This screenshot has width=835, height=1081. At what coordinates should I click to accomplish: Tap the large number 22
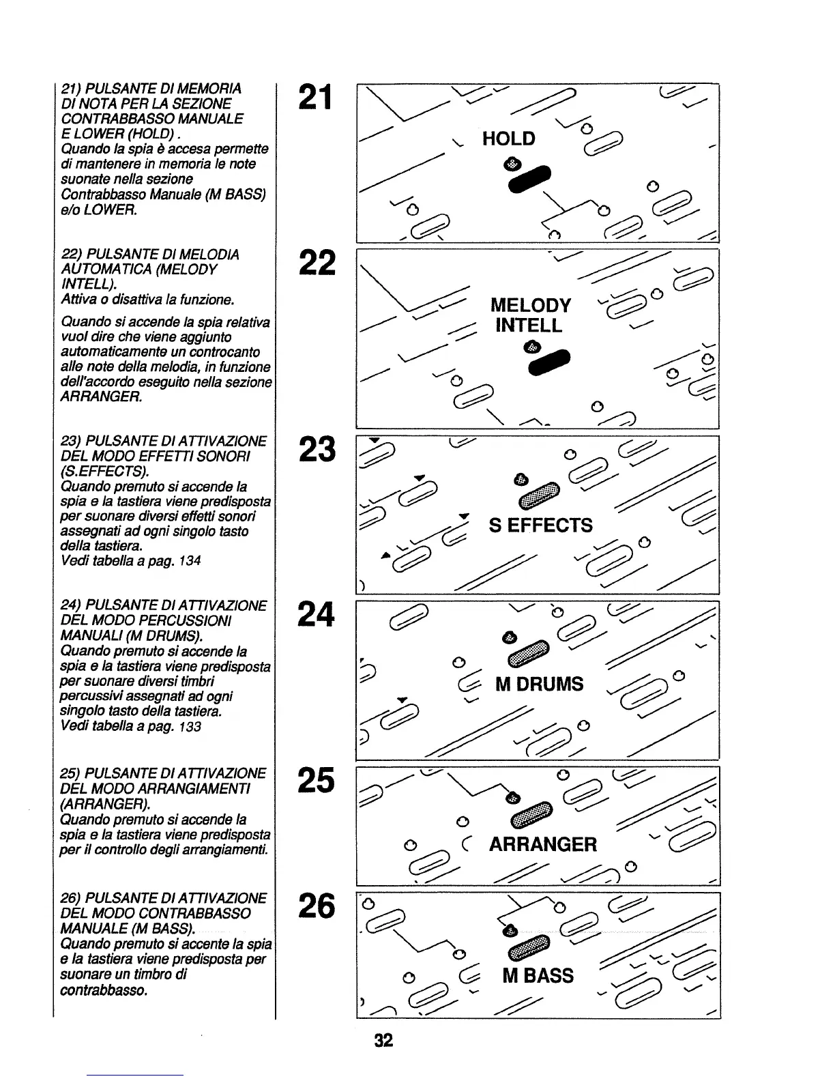[316, 263]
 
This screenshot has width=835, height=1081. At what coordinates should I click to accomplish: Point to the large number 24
[316, 614]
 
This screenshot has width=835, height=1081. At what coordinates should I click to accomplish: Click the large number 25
[316, 780]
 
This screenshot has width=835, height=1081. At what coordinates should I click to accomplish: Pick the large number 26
[316, 906]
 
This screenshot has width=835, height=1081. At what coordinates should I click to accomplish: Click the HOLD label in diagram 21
[508, 139]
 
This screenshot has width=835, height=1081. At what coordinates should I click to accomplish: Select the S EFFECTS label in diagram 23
[540, 525]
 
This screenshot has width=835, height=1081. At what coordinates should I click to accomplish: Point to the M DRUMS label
[539, 684]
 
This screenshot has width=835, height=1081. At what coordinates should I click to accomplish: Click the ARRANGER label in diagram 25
[542, 845]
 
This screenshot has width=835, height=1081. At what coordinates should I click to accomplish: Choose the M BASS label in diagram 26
[538, 976]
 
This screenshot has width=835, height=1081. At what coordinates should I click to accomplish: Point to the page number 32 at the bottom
[383, 1040]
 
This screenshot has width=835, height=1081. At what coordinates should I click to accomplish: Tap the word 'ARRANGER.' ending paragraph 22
[102, 397]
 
